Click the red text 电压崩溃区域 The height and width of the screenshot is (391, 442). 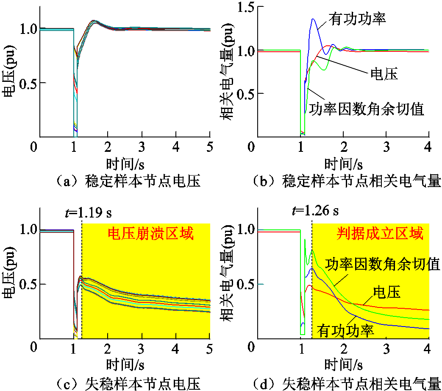pos(150,234)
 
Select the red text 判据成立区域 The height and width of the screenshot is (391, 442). pos(380,234)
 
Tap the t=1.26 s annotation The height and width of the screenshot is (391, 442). pos(316,211)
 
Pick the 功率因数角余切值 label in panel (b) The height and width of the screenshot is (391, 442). pos(367,109)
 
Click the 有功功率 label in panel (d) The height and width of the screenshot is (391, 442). pos(347,330)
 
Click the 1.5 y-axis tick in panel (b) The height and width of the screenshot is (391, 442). pos(242,7)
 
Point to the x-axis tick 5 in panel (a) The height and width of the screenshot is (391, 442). pos(210,146)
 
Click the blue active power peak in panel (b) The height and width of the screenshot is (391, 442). pos(314,19)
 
